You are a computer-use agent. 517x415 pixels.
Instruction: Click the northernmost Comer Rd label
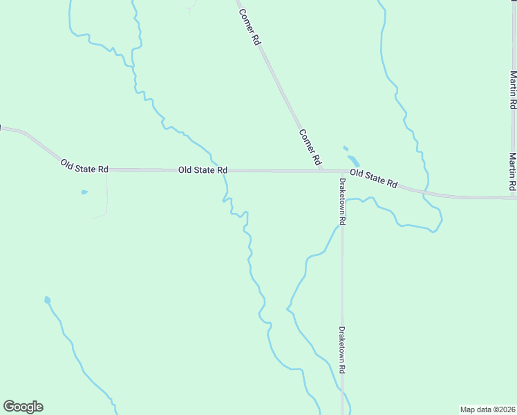click(250, 27)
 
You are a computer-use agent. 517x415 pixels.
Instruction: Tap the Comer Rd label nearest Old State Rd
click(310, 147)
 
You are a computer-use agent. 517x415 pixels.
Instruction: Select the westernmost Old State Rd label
click(84, 167)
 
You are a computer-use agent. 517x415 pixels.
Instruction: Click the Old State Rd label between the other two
click(203, 169)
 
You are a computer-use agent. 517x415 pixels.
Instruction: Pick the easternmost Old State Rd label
click(373, 178)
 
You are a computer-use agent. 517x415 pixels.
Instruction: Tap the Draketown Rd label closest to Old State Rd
click(341, 202)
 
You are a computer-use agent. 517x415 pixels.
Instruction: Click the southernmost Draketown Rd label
click(341, 350)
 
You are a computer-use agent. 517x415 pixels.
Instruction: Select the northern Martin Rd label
click(513, 90)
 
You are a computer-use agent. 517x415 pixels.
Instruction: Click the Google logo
click(23, 407)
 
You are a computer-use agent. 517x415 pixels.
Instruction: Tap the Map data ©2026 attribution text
click(487, 409)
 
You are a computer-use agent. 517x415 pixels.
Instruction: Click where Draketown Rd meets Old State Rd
click(341, 172)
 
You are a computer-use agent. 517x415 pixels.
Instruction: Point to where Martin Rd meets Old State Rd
click(513, 198)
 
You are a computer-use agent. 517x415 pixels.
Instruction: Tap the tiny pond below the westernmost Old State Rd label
click(84, 192)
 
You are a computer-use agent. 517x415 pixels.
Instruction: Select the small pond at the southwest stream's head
click(47, 300)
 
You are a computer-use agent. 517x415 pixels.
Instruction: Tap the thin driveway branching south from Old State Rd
click(107, 194)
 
